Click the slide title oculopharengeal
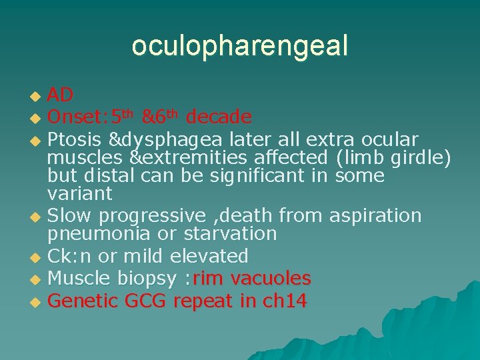240,46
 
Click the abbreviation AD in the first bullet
61,95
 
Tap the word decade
219,118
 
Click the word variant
80,194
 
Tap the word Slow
70,216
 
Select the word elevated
209,256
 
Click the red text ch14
285,301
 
